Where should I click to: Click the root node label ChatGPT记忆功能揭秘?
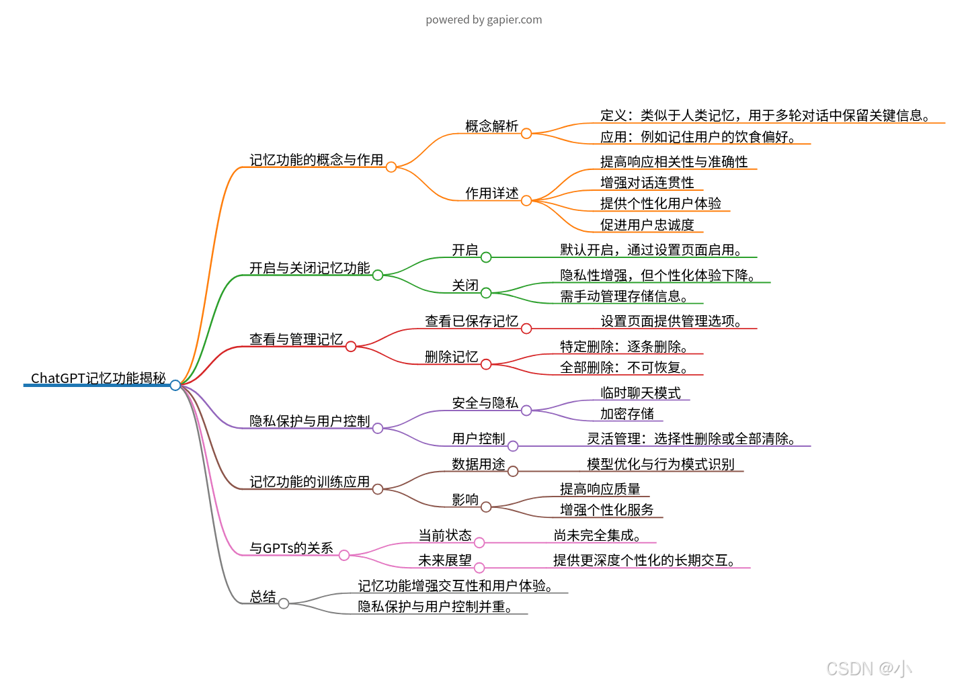tap(98, 378)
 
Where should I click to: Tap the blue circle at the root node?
tap(175, 385)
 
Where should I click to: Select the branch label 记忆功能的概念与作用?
tap(316, 160)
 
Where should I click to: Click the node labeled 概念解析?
tap(491, 126)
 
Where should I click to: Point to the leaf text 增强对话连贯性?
tap(647, 183)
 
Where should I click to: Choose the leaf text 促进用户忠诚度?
tap(647, 225)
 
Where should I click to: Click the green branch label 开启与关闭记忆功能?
tap(309, 268)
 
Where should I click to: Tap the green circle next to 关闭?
tap(486, 292)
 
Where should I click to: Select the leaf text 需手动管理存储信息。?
tap(623, 296)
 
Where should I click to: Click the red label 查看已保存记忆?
tap(471, 321)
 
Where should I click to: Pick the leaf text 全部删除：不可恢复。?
tap(623, 368)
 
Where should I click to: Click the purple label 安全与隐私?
tap(485, 403)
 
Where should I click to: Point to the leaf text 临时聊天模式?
tap(640, 393)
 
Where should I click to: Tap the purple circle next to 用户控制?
tap(513, 446)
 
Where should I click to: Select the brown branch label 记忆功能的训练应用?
tap(309, 482)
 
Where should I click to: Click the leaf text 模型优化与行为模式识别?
tap(660, 464)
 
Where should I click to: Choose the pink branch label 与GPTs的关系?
tap(291, 548)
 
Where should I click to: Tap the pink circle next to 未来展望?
tap(479, 568)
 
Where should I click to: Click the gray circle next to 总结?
tap(284, 603)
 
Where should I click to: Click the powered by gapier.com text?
tap(483, 19)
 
